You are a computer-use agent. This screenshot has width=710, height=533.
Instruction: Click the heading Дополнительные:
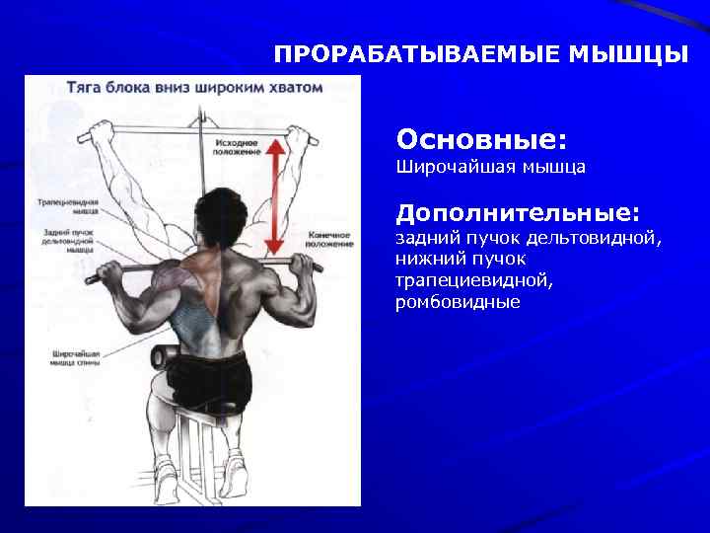click(518, 213)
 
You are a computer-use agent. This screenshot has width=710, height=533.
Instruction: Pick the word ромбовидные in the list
click(458, 302)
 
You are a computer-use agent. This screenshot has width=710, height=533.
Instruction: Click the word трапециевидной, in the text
click(474, 281)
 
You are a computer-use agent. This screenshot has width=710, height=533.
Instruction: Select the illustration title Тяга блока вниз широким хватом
click(194, 87)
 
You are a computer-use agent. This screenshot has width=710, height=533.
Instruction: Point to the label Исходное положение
click(238, 147)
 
